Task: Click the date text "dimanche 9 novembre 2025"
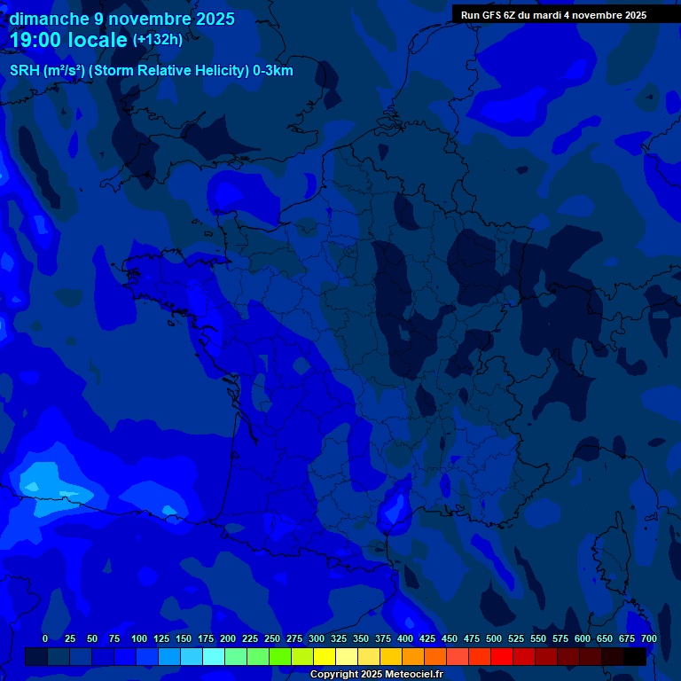click(122, 19)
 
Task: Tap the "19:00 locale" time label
click(68, 40)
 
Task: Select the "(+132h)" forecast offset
click(158, 40)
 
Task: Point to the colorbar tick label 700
click(649, 638)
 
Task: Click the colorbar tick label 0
click(45, 638)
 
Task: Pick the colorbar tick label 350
click(361, 638)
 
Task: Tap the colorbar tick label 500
click(494, 638)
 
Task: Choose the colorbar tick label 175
click(206, 638)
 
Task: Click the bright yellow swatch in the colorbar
click(325, 656)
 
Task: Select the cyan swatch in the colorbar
click(214, 656)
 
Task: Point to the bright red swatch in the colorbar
click(502, 656)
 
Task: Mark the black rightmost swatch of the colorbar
click(635, 656)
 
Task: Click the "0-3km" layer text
click(273, 71)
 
